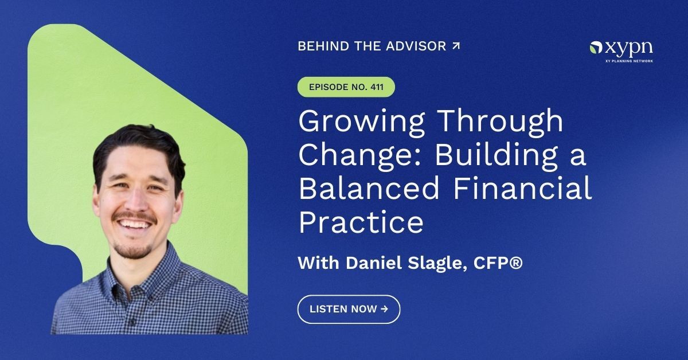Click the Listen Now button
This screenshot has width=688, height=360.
tap(349, 309)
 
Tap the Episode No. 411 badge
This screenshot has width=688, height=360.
tap(346, 87)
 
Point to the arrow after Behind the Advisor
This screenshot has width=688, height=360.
tap(456, 46)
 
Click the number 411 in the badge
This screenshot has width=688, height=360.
tap(378, 87)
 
